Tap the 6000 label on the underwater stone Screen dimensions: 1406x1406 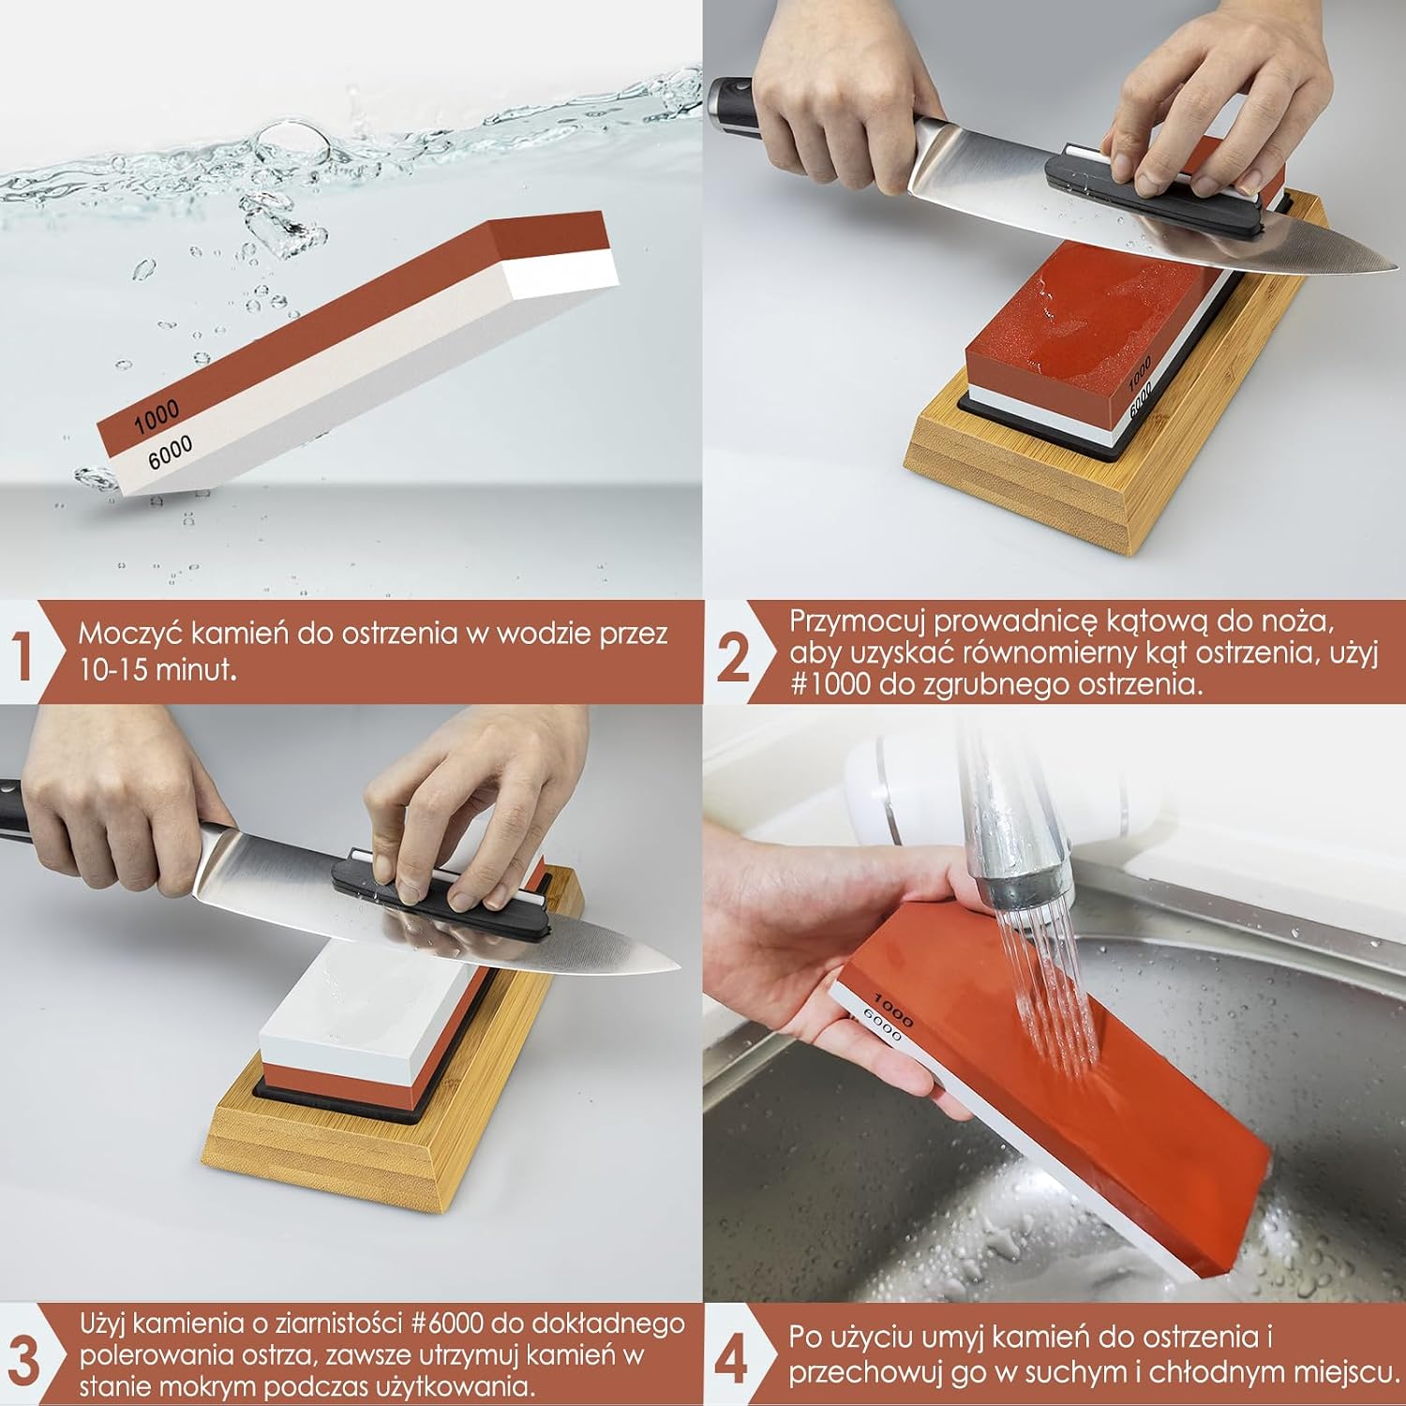coord(170,453)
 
